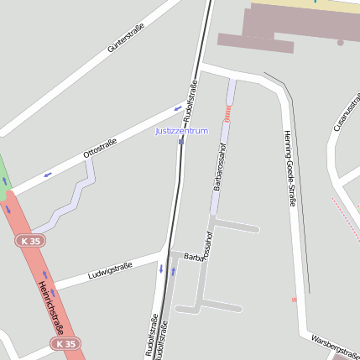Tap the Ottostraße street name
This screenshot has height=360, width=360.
coord(100,149)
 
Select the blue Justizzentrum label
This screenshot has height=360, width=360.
coord(181,131)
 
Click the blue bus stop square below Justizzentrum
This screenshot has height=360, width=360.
coord(180,142)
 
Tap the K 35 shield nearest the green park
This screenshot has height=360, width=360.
coord(29,241)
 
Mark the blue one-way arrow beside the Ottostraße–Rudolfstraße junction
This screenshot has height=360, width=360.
coord(178,107)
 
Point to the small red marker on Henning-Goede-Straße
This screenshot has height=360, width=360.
coord(294,299)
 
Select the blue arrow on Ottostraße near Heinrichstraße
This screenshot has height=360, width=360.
coord(48,174)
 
